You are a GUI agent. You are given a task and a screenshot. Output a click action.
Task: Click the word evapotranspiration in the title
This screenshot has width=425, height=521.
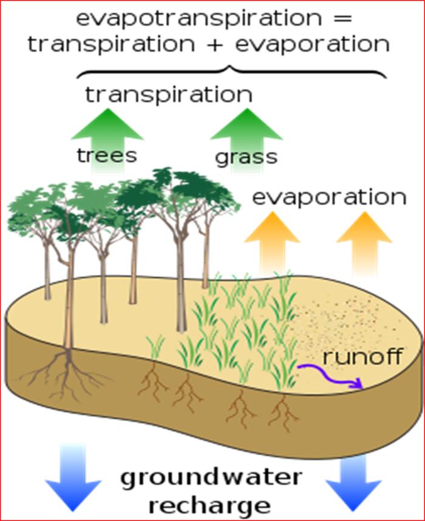199,19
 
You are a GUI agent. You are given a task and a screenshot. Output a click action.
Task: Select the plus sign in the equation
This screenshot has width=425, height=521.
216,44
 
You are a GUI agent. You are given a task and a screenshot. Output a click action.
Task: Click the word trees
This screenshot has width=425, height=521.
107,155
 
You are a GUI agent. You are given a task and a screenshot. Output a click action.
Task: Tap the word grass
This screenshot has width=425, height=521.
246,157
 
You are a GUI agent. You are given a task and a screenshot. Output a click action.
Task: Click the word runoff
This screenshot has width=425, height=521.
362,356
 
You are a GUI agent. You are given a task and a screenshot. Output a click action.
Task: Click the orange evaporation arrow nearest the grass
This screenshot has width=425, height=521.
272,244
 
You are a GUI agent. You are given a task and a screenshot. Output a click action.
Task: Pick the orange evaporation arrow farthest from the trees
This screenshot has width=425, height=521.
364,244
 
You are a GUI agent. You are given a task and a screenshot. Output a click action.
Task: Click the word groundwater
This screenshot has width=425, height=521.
211,479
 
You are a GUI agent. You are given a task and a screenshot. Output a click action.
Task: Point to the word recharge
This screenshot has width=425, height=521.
209,506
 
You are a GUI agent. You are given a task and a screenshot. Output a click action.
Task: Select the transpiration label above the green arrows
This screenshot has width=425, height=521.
169,94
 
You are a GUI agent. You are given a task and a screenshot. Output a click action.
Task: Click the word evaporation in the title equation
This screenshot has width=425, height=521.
312,44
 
